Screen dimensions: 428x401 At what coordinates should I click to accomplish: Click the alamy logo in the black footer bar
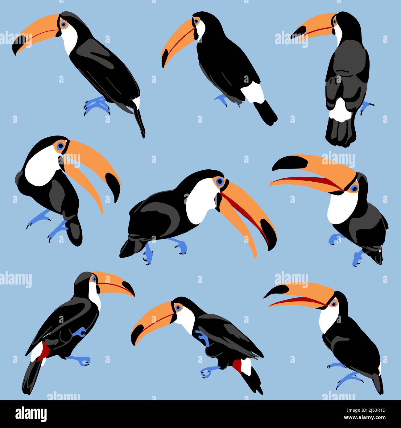tap(31, 414)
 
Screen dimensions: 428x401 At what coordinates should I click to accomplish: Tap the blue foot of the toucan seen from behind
tap(366, 106)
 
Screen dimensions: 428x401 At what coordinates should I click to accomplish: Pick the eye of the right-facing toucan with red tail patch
tap(93, 279)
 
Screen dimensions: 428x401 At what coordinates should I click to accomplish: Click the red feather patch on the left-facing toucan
tap(237, 365)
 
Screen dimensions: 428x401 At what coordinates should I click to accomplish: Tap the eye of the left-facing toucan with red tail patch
tap(178, 307)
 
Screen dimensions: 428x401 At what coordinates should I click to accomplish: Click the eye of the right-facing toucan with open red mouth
tap(219, 181)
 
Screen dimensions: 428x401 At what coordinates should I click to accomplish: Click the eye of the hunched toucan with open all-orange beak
tap(60, 145)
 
